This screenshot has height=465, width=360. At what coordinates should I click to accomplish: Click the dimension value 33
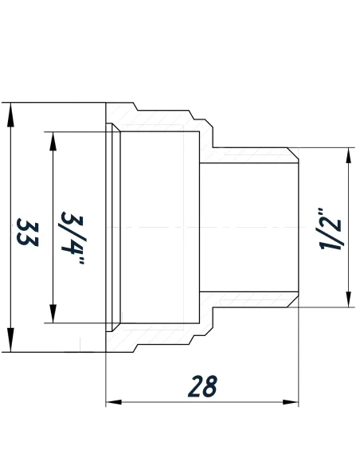click(27, 232)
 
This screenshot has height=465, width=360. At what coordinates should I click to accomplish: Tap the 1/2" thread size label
click(330, 230)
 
